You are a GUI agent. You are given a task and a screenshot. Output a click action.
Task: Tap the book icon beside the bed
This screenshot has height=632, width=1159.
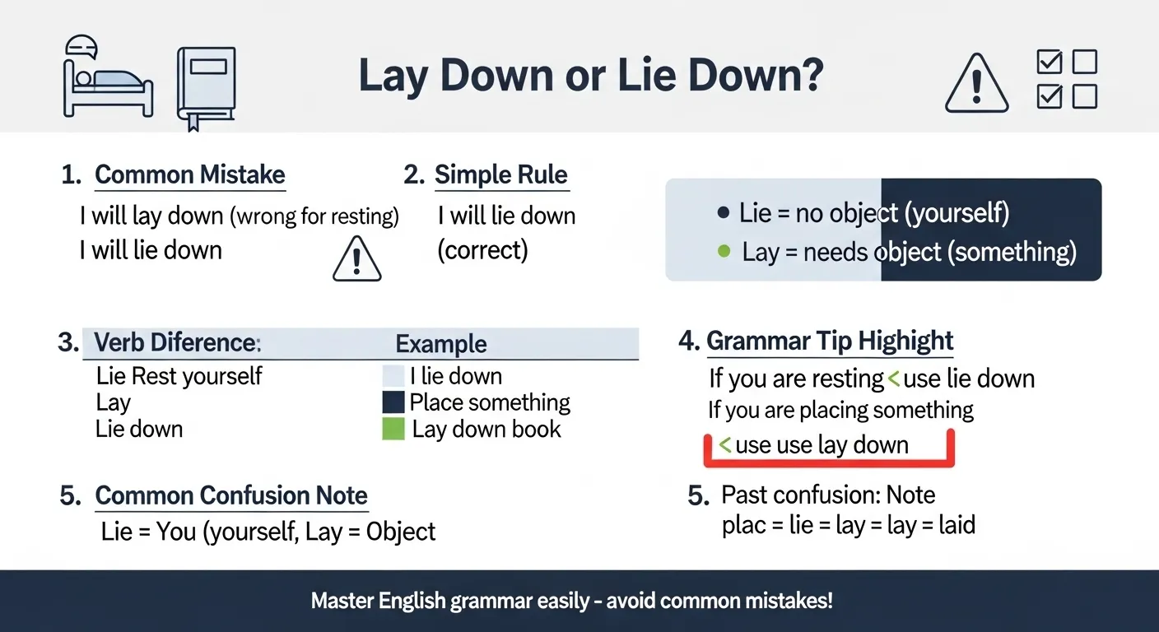tap(207, 86)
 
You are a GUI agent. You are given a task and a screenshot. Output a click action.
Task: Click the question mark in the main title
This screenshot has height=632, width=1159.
tap(808, 76)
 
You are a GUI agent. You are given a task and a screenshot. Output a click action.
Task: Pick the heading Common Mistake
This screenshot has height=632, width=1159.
tap(189, 174)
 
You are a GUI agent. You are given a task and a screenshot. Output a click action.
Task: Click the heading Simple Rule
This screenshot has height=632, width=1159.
tap(500, 174)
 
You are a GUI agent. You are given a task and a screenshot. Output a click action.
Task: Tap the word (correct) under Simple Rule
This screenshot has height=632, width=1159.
tap(482, 249)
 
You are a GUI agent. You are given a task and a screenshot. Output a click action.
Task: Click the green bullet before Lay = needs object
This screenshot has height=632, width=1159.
tap(724, 251)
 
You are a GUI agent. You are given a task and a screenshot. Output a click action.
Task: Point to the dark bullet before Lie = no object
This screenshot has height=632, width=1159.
tap(724, 213)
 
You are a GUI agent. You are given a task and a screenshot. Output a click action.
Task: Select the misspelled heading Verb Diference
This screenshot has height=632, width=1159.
tap(177, 342)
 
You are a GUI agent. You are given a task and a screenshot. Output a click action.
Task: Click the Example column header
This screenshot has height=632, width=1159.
tap(441, 344)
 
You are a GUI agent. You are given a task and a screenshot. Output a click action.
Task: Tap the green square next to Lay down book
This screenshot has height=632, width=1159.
tap(393, 429)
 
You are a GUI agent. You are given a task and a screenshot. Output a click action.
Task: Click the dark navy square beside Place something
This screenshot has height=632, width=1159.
tap(393, 402)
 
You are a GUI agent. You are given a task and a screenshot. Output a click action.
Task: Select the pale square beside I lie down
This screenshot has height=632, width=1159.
tap(393, 376)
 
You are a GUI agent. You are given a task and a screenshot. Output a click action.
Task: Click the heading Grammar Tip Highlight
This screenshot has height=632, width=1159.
tap(830, 341)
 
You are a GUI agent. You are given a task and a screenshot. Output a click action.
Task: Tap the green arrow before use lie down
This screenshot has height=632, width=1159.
tap(893, 379)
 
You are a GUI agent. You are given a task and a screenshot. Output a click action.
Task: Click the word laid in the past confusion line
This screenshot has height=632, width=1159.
tap(957, 525)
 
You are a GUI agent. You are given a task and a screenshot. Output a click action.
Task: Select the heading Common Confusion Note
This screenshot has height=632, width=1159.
tap(231, 495)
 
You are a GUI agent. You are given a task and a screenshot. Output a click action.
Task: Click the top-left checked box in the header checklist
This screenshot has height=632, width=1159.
tap(1049, 63)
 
